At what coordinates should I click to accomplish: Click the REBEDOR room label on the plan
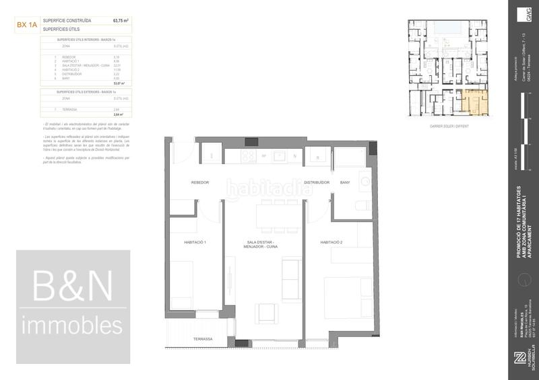pos(200,182)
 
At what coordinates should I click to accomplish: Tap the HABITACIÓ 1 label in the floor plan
pos(195,242)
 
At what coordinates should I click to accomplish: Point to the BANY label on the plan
pos(346,182)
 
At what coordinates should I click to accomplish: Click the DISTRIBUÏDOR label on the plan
pos(316,182)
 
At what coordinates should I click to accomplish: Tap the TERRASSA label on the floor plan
pos(203,339)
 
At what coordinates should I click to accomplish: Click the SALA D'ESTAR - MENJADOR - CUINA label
pos(263,245)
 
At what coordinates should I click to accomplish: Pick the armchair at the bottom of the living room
pos(265,313)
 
